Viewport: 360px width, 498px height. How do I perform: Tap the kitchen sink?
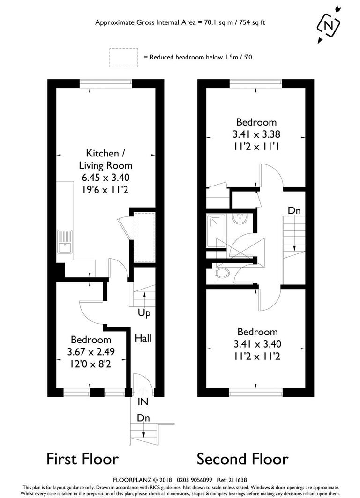65,241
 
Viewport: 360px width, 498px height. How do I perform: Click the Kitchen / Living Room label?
105,159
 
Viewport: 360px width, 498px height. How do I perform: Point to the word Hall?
143,338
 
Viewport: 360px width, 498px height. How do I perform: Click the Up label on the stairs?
144,313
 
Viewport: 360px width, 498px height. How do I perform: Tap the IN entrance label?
143,401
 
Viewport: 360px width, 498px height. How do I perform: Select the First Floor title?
82,458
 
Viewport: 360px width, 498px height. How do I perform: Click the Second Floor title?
242,458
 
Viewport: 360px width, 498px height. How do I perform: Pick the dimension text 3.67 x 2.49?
91,351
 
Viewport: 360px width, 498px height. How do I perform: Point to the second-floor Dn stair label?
294,211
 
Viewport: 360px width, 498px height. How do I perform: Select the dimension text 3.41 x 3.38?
256,134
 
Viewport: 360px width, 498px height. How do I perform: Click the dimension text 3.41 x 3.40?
257,344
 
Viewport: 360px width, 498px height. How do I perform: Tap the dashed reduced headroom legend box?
123,57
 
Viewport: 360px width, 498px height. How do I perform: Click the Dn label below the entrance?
143,418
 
